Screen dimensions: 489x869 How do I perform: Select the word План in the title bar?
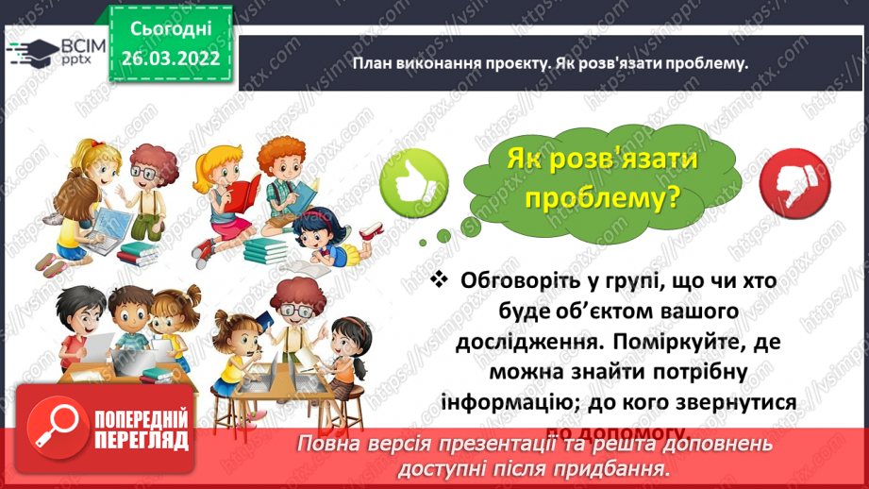(x=373, y=63)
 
